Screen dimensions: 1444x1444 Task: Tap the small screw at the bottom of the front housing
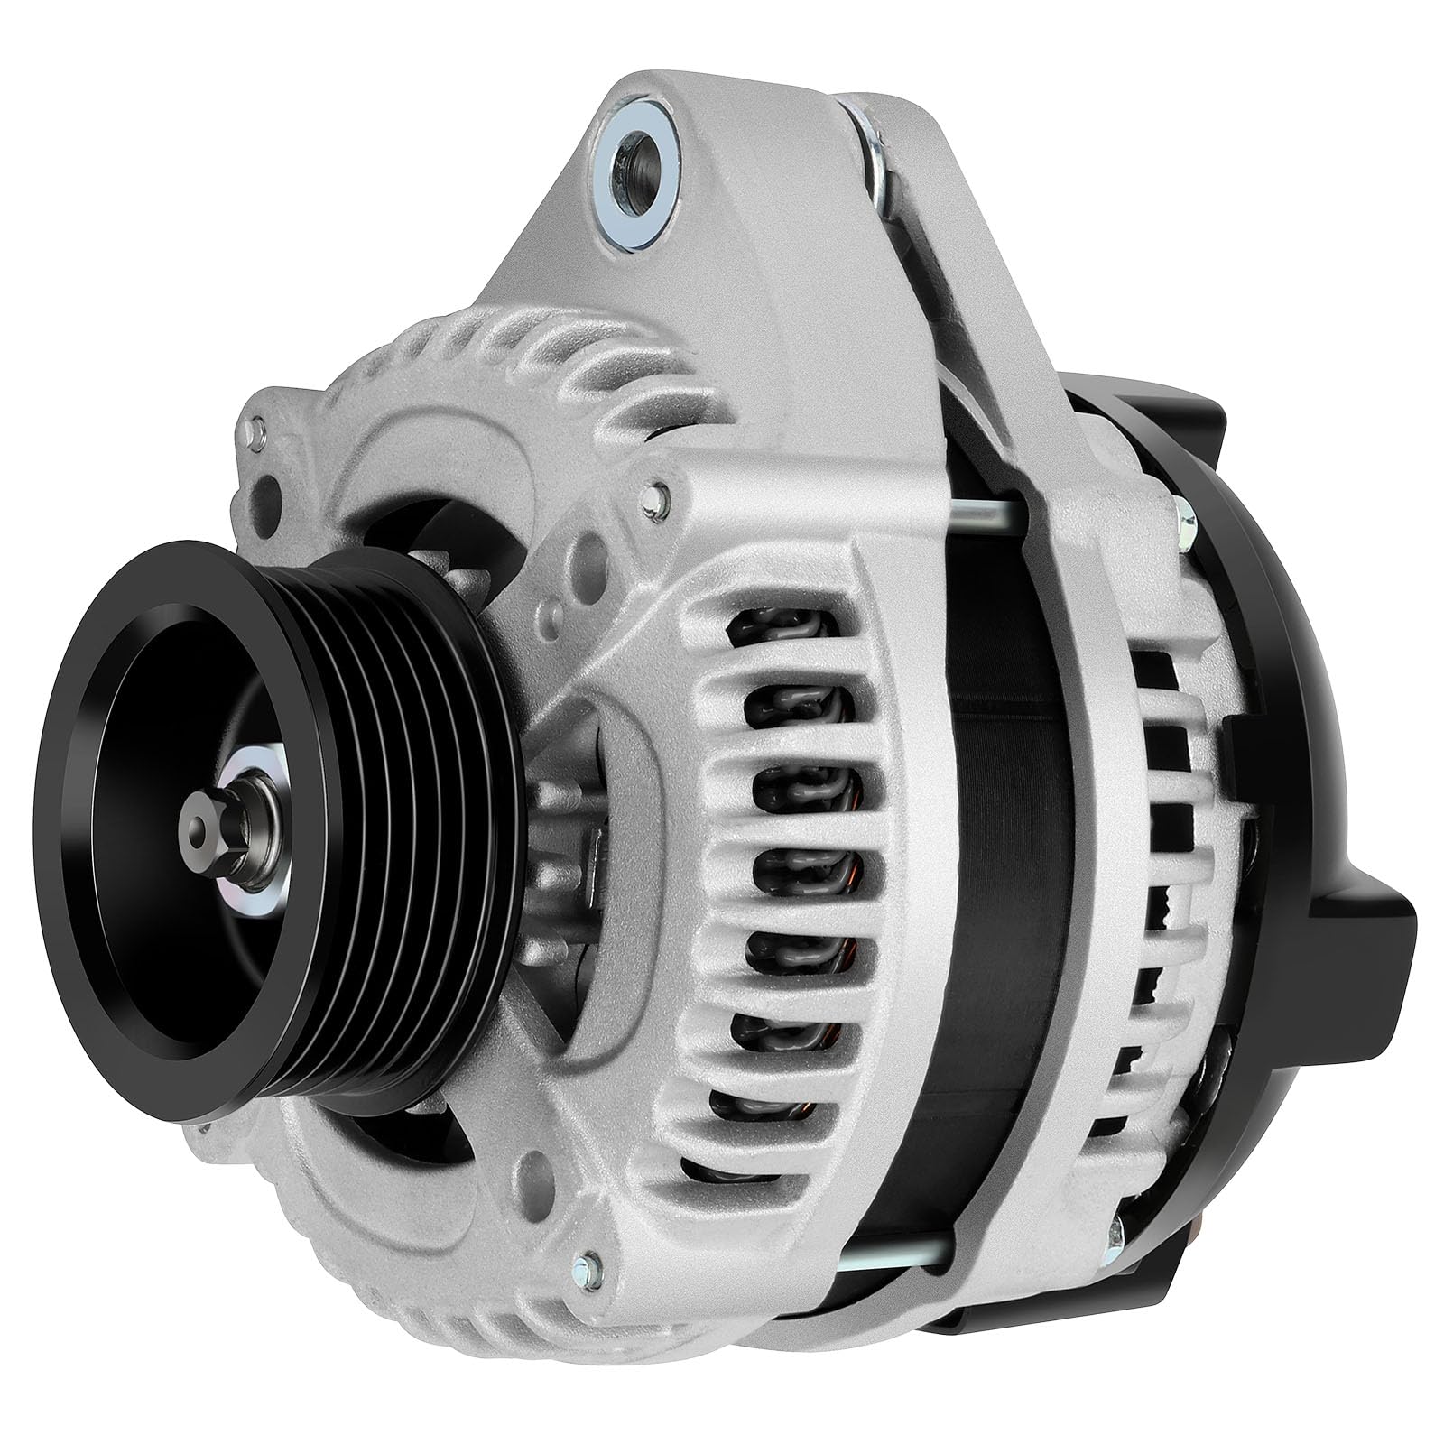click(591, 1263)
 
